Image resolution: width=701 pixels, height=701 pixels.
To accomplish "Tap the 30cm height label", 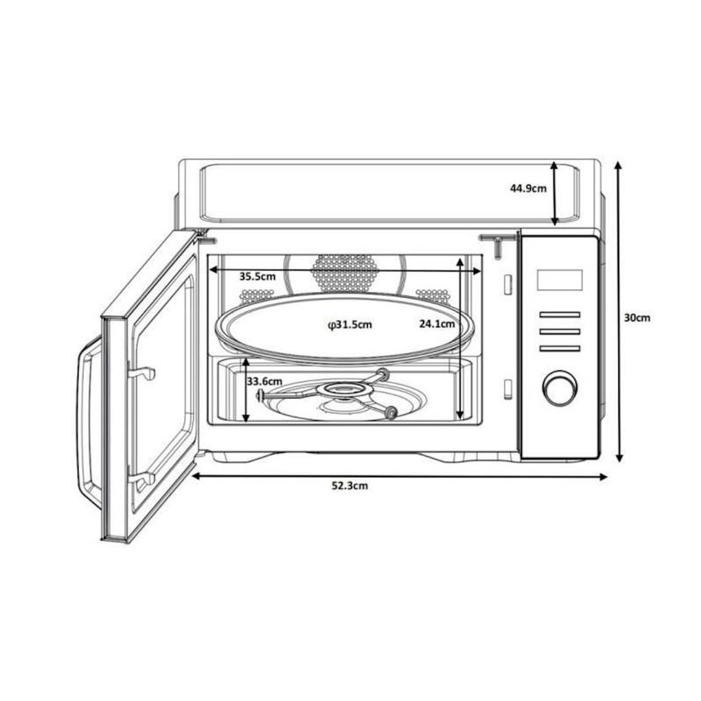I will pos(637,318).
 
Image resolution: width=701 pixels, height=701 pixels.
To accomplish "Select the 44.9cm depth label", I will pos(528,188).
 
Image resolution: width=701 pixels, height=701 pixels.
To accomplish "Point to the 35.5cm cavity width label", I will pos(257,277).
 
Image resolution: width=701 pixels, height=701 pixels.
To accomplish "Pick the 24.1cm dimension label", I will pos(437,324).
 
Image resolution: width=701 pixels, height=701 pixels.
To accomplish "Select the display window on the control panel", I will pos(559,280).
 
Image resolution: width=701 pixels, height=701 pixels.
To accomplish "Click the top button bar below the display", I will pos(559,315).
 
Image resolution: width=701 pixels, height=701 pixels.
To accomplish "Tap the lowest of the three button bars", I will pos(559,349).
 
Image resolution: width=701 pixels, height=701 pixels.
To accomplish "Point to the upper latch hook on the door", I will pos(141,372).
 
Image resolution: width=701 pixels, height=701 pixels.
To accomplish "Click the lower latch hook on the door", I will pos(143,479).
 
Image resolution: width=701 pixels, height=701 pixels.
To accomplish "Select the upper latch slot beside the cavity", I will pos(507,283).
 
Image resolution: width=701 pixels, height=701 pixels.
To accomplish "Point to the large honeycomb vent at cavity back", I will pos(345,272).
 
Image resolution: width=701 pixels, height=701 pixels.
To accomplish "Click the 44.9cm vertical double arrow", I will pos(555,194).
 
